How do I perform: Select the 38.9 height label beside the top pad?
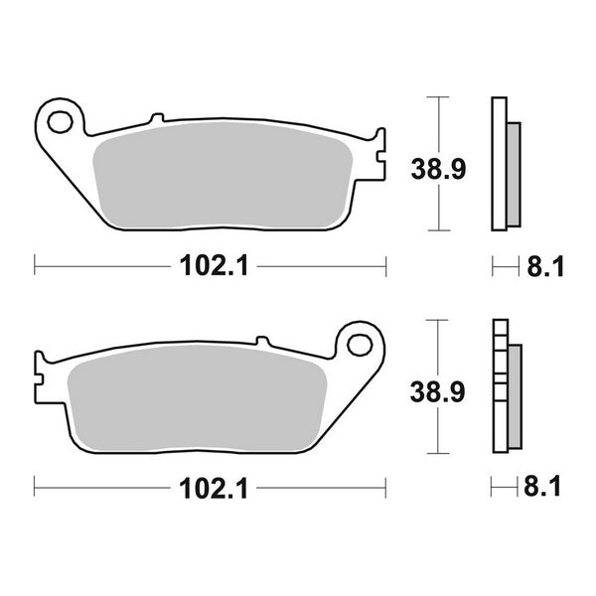coord(437,170)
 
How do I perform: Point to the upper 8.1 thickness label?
coord(545,266)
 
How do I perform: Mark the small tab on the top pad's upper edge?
coord(154,120)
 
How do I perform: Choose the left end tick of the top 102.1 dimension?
coord(36,265)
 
